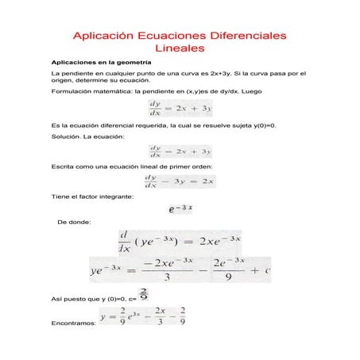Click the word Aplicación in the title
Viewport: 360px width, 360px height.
click(x=104, y=37)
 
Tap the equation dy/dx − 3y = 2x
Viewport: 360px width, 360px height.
click(x=180, y=181)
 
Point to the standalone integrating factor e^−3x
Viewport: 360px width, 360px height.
click(x=181, y=210)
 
